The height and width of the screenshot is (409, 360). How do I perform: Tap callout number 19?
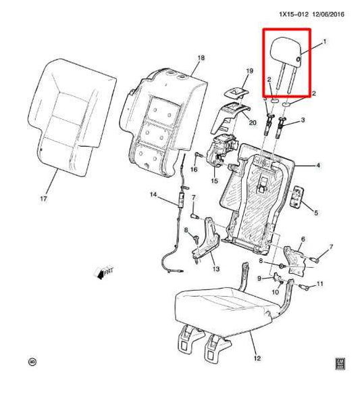pos(249,71)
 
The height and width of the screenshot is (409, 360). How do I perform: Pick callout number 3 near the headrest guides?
pos(303,120)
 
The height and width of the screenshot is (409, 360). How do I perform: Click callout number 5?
pos(315,214)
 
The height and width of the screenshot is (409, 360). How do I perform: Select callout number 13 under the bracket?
pos(216,270)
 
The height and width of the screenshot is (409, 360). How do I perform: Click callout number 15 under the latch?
pos(214,181)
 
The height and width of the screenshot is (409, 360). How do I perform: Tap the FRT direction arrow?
pos(104,273)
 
